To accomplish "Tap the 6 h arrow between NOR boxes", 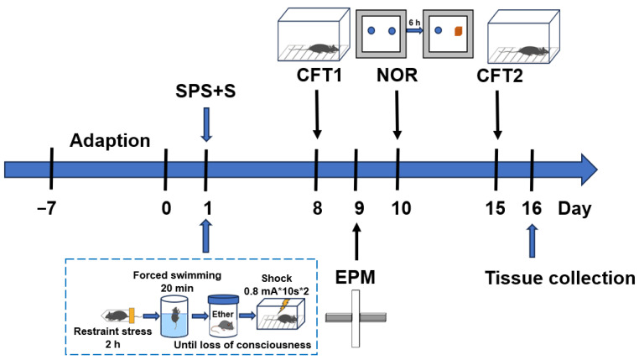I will point(413,29).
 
